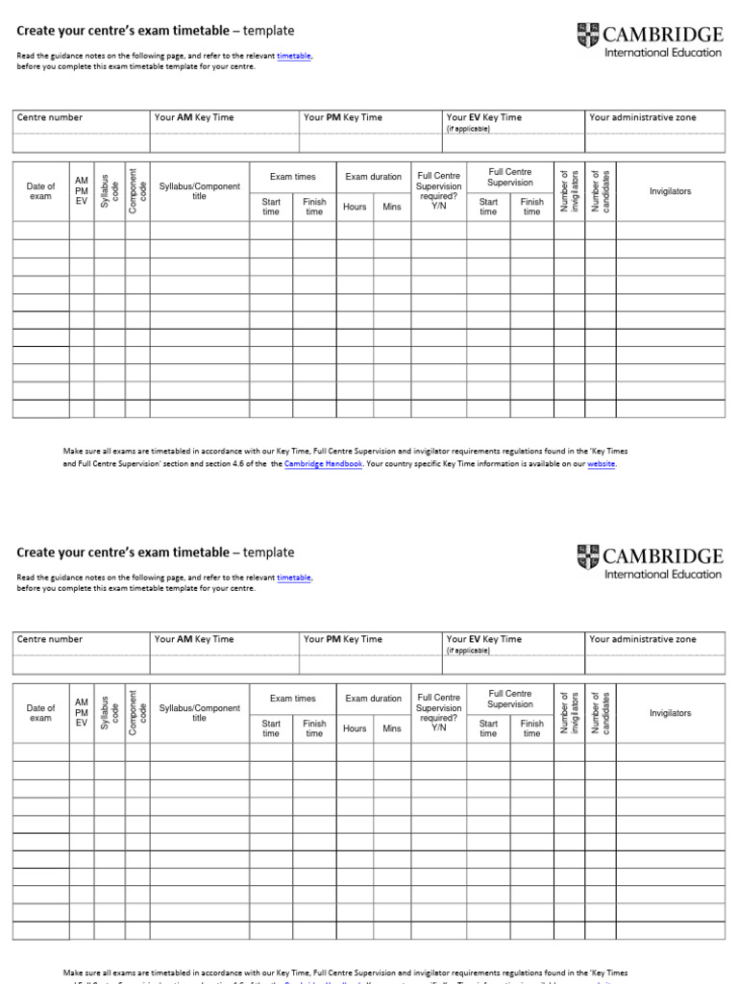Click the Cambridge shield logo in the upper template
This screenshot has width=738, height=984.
(x=587, y=36)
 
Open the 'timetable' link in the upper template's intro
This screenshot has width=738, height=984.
(x=294, y=57)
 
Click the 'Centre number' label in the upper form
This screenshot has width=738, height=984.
(x=50, y=117)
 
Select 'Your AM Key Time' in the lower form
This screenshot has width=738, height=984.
(x=194, y=639)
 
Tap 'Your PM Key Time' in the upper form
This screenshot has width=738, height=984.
(x=342, y=117)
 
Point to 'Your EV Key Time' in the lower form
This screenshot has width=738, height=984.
(x=484, y=639)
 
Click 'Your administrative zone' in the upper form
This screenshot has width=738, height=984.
(x=643, y=117)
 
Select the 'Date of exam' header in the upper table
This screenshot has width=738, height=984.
(x=40, y=191)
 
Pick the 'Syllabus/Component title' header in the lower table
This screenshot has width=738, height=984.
(x=200, y=713)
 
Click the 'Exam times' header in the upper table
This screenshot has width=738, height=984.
(x=292, y=177)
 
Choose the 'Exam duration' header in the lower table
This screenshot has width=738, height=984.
(x=374, y=699)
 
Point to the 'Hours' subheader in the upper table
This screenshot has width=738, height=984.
(x=355, y=207)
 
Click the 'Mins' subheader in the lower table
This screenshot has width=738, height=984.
(x=392, y=728)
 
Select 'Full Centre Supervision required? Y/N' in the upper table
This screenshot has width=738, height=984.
(x=438, y=191)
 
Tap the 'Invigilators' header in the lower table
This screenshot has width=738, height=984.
(x=670, y=713)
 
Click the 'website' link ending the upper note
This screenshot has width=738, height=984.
(x=602, y=463)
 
